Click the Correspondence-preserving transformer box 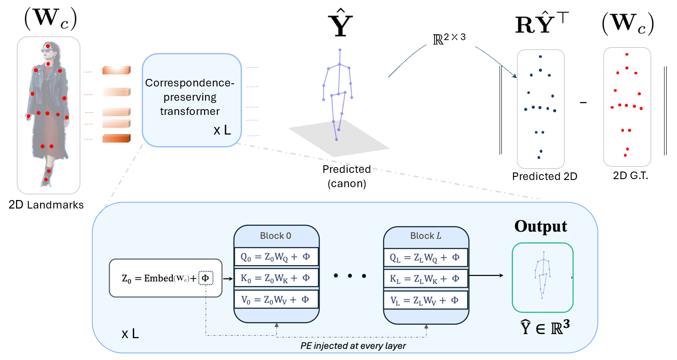click(192, 100)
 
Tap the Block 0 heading click(275, 236)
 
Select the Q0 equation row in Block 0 click(276, 257)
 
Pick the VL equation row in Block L click(425, 300)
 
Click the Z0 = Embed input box click(165, 278)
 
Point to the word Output click(541, 226)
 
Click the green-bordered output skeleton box click(542, 277)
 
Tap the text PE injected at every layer click(353, 346)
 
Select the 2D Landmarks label click(46, 205)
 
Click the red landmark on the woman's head click(48, 46)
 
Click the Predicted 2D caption click(544, 176)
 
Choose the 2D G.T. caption click(630, 176)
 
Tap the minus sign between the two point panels click(583, 103)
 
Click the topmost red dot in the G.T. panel click(627, 54)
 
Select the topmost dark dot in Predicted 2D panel click(540, 57)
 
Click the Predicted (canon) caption click(347, 176)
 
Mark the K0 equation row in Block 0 click(276, 278)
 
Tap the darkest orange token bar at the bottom click(116, 139)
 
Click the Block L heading click(425, 236)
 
